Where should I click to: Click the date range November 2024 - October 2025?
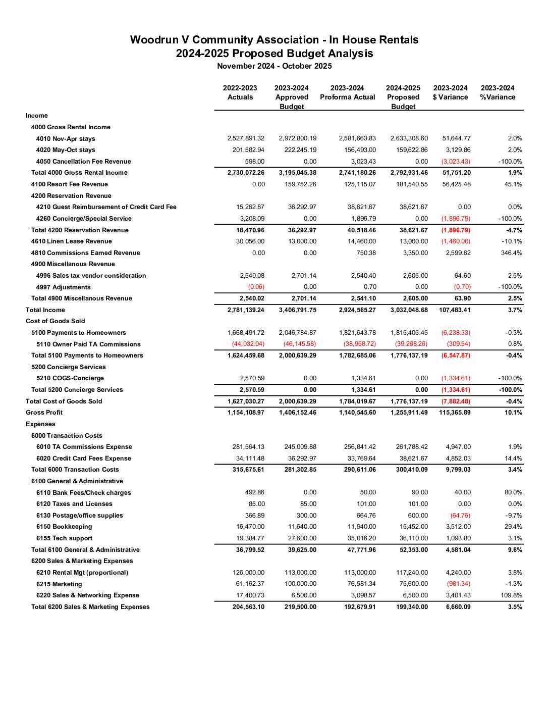point(274,66)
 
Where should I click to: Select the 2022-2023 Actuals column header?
point(240,92)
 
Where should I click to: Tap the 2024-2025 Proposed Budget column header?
point(403,97)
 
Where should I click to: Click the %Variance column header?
point(498,92)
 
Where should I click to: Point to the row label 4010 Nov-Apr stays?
point(66,139)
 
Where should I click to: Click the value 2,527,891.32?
point(246,138)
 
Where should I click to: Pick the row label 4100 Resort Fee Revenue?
point(69,184)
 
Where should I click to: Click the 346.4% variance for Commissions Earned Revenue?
point(511,253)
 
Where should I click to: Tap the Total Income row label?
point(45,310)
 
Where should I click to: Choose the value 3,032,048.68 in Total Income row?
point(409,310)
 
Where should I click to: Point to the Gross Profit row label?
point(44,413)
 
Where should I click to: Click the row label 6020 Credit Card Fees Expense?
point(83,459)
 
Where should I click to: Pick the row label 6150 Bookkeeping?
point(64,527)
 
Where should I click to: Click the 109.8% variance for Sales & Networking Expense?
point(511,595)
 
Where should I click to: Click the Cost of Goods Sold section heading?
point(56,321)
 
